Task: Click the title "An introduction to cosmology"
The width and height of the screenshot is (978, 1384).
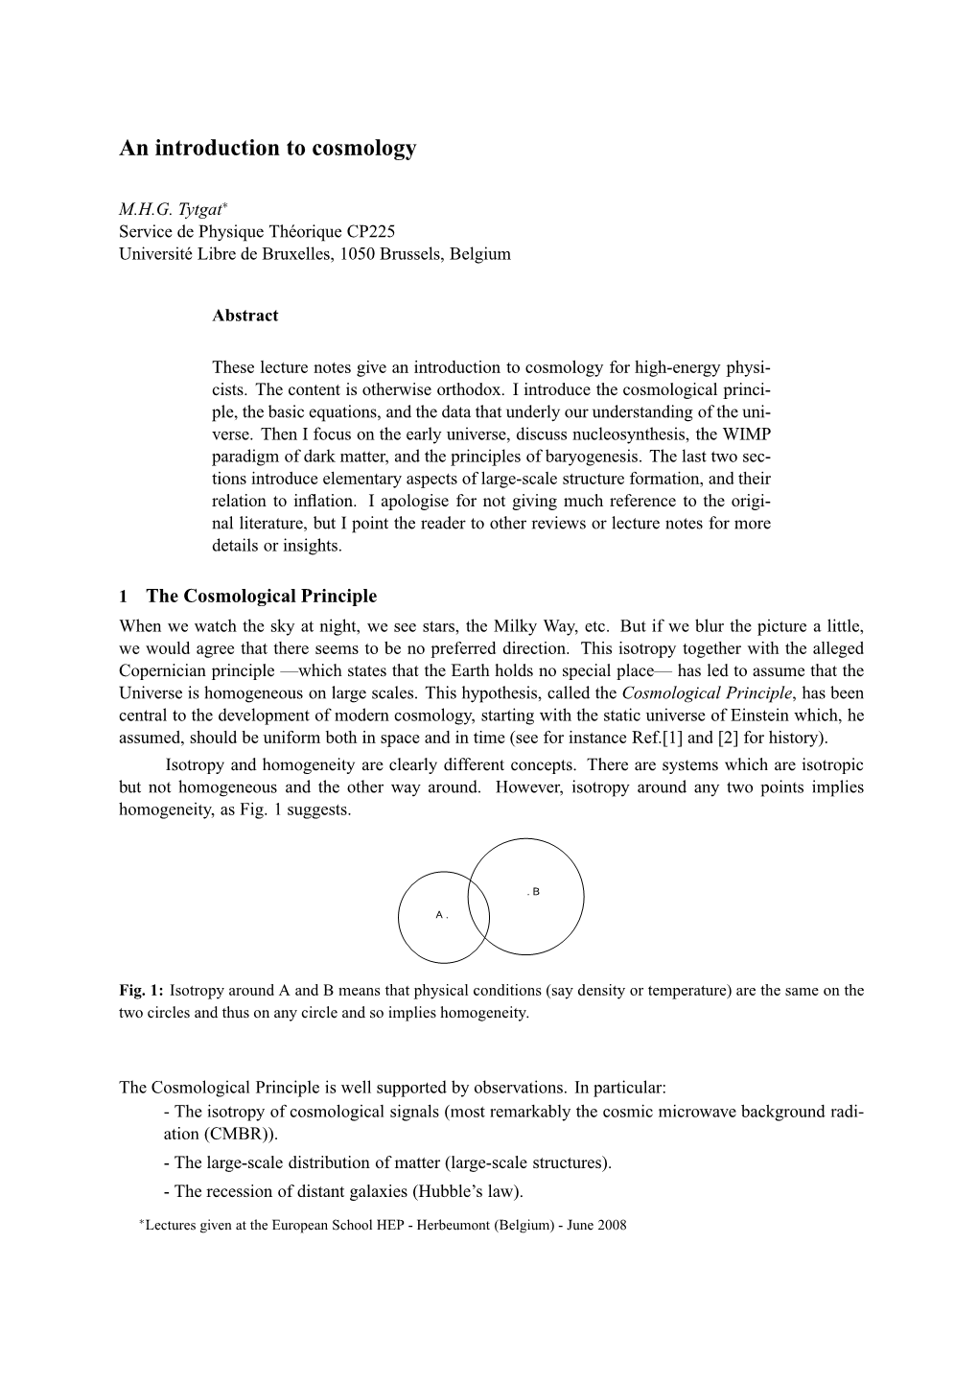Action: coord(268,149)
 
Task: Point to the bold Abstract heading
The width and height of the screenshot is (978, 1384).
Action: coord(245,316)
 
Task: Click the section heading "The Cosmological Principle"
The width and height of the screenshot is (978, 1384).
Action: coord(261,597)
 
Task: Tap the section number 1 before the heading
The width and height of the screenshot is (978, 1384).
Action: coord(124,597)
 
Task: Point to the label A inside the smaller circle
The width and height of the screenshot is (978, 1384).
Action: coord(439,915)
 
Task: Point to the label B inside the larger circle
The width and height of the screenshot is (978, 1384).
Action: coord(535,892)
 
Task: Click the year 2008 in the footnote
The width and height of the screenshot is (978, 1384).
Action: coord(610,1225)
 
